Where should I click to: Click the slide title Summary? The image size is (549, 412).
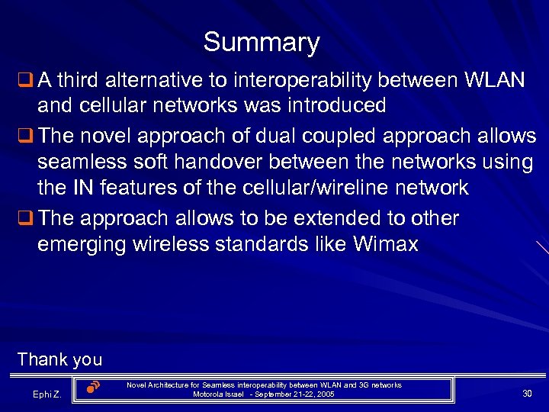click(x=262, y=42)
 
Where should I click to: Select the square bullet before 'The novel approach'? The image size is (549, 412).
click(x=24, y=136)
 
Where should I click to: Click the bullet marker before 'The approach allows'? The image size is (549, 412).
click(x=24, y=219)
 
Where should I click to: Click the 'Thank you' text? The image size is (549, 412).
click(x=59, y=359)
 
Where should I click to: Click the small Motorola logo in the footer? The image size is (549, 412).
click(x=93, y=387)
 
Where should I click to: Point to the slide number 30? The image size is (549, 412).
click(x=527, y=393)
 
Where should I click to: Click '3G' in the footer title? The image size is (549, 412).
click(x=360, y=385)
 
